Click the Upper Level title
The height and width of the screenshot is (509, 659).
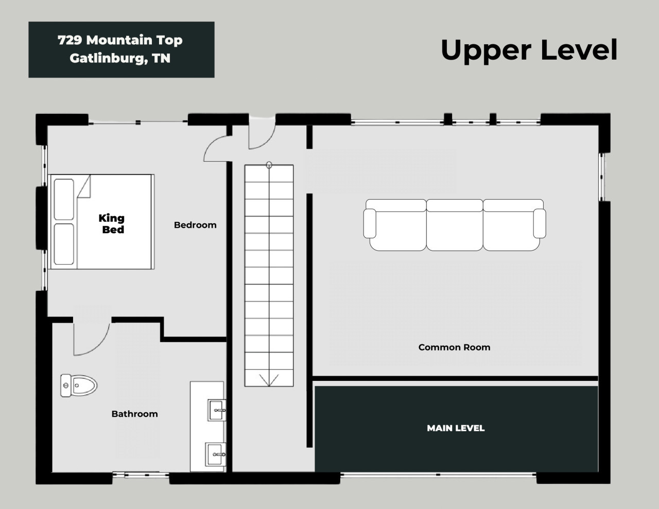529,51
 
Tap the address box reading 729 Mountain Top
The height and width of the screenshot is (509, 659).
122,49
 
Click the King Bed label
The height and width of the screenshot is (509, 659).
112,224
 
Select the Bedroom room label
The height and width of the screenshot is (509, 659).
195,225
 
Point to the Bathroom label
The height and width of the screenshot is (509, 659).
135,414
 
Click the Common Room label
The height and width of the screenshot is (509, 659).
454,347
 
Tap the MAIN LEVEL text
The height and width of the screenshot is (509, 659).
456,428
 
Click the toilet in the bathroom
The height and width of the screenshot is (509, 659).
79,385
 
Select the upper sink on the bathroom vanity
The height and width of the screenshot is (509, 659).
217,410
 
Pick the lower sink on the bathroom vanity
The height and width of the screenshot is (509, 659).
216,454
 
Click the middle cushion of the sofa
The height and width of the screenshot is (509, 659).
455,225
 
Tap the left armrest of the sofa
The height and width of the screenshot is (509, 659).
370,223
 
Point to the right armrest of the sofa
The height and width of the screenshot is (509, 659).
540,223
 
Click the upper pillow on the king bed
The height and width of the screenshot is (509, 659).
64,199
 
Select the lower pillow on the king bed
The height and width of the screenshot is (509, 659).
64,244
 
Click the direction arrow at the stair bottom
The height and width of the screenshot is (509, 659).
269,380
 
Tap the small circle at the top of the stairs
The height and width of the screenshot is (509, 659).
269,165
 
